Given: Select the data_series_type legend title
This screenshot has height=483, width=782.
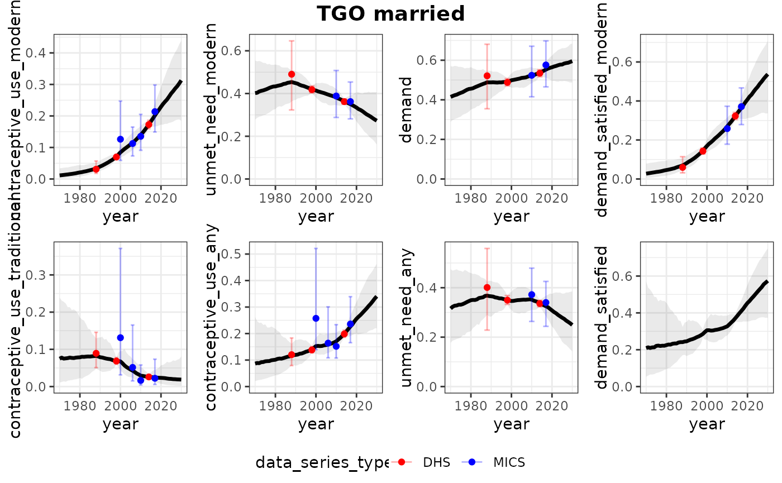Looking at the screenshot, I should [322, 462].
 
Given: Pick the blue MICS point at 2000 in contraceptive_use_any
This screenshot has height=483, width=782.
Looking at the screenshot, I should [316, 318].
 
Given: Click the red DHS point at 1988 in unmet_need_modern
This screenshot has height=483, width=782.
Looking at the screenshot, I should [292, 74].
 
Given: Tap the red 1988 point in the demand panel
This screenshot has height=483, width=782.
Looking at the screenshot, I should [487, 76].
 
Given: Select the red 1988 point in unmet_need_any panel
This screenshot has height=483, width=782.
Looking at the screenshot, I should [487, 288].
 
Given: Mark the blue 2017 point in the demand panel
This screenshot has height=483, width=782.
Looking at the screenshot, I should [546, 65].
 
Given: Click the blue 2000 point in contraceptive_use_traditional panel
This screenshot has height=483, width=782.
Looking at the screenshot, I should [120, 338].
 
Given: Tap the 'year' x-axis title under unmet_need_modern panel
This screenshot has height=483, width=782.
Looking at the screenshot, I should [308, 216].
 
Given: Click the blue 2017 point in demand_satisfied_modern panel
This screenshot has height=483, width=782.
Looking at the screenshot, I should [741, 107].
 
